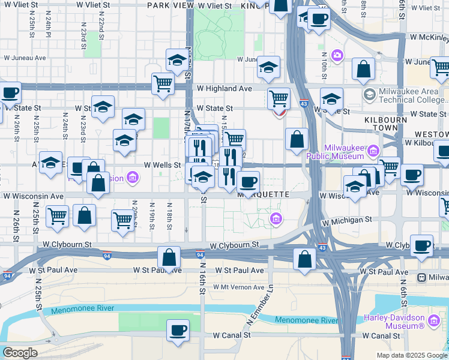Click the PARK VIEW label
pyautogui.click(x=169, y=5)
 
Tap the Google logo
pyautogui.click(x=20, y=353)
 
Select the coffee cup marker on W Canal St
pyautogui.click(x=177, y=329)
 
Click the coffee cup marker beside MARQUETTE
pyautogui.click(x=247, y=181)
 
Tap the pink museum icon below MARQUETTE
pyautogui.click(x=276, y=218)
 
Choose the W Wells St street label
pyautogui.click(x=162, y=164)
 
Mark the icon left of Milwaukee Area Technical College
pyautogui.click(x=369, y=94)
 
